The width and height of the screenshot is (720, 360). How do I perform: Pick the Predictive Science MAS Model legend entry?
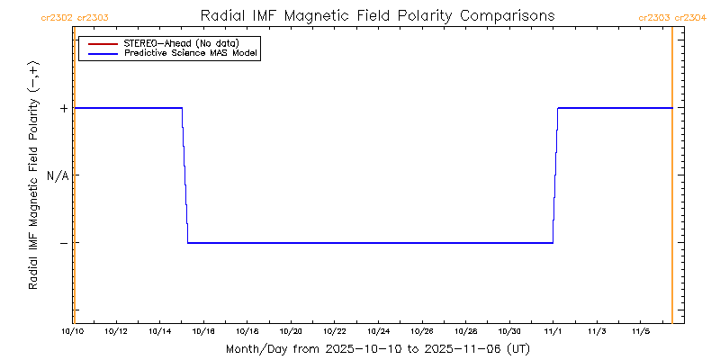(191, 53)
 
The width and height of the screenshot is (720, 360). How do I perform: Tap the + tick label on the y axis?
(64, 108)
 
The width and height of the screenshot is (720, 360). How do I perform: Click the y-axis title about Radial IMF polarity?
(33, 175)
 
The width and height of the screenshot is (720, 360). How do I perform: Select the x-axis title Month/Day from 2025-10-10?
(377, 348)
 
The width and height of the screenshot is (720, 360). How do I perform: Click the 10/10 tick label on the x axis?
(73, 332)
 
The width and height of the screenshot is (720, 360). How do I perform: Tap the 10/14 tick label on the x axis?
(160, 332)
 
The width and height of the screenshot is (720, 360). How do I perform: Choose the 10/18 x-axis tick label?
(247, 332)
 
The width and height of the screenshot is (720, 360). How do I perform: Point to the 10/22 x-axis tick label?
(335, 332)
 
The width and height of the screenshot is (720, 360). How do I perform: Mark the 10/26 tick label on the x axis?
(422, 332)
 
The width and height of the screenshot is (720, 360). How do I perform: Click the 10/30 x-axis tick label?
(509, 332)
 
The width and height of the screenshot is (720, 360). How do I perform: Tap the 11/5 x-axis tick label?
(641, 332)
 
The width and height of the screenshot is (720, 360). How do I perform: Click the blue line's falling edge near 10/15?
(184, 175)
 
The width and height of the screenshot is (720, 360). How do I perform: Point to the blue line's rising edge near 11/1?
(555, 175)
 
